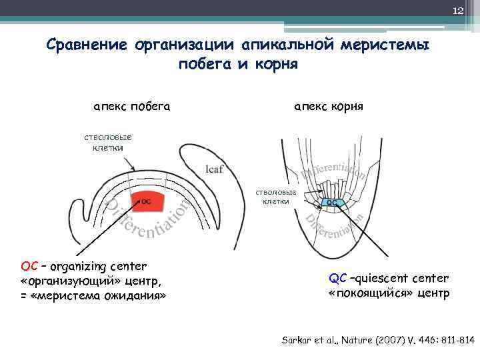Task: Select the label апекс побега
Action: pos(131,106)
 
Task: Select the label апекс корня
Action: pos(329,106)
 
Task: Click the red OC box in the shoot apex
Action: pos(145,200)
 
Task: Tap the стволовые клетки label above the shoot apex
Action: pos(103,142)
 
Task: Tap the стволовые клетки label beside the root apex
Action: pos(276,196)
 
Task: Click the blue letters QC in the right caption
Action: pos(338,278)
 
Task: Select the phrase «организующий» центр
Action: pos(91,280)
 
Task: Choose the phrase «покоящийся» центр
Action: pos(389,293)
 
